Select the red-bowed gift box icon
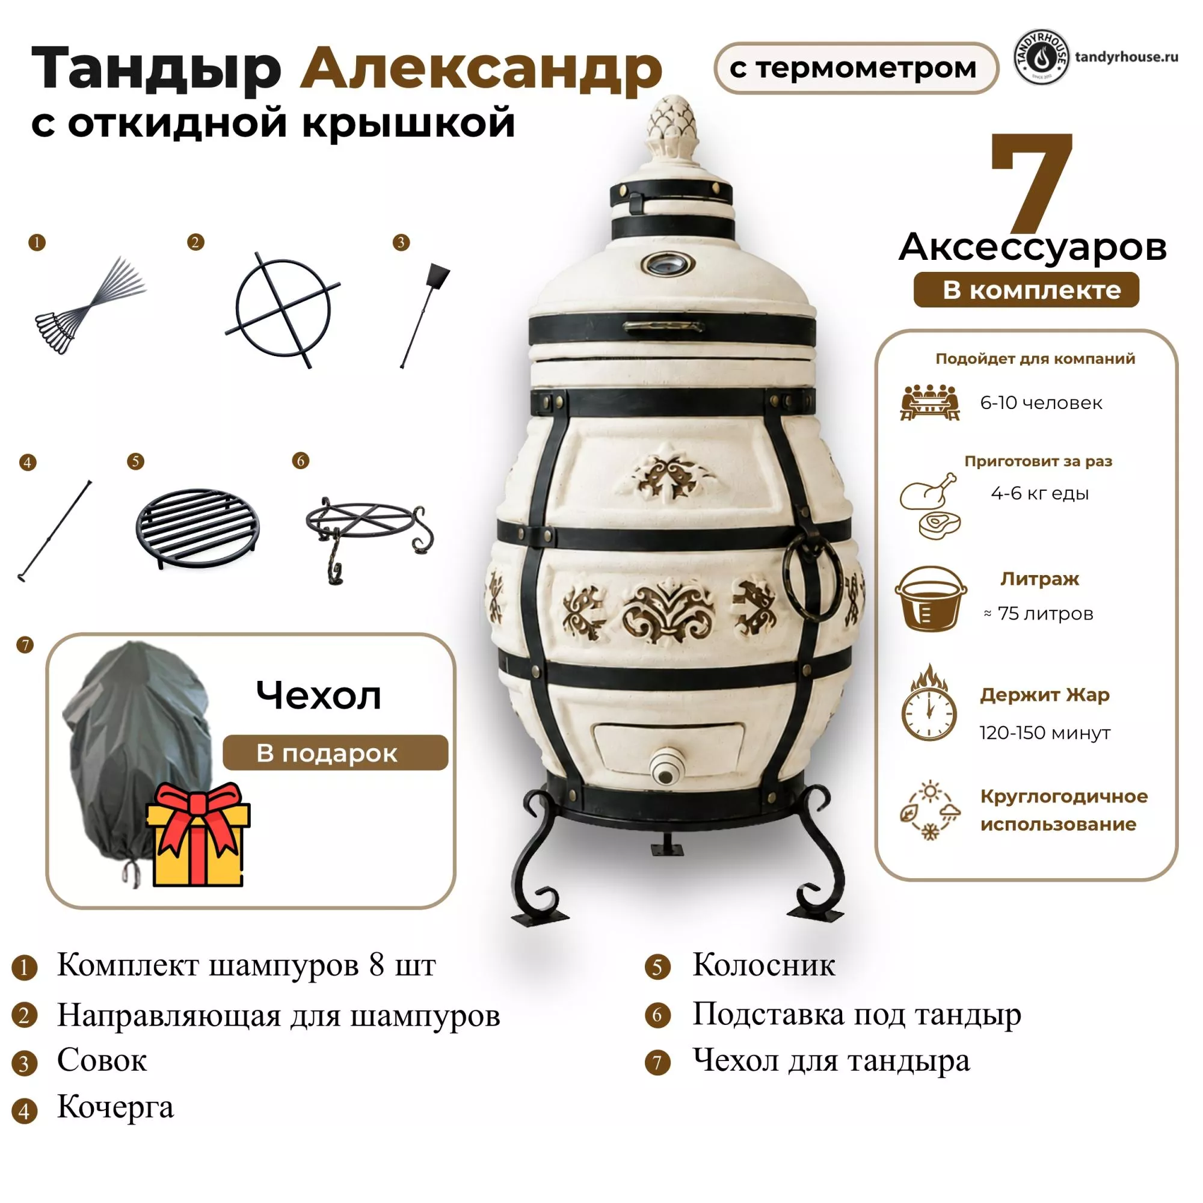pyautogui.click(x=198, y=834)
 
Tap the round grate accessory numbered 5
pyautogui.click(x=198, y=528)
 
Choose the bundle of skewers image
pyautogui.click(x=91, y=305)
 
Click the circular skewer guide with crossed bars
pyautogui.click(x=283, y=309)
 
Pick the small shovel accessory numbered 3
pyautogui.click(x=425, y=316)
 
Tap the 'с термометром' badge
pyautogui.click(x=855, y=69)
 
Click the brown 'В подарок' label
pyautogui.click(x=335, y=753)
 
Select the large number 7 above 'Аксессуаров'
pyautogui.click(x=1032, y=182)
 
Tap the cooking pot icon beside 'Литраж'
pyautogui.click(x=931, y=599)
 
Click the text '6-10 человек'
pyautogui.click(x=1041, y=403)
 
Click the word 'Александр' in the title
pyautogui.click(x=481, y=70)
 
